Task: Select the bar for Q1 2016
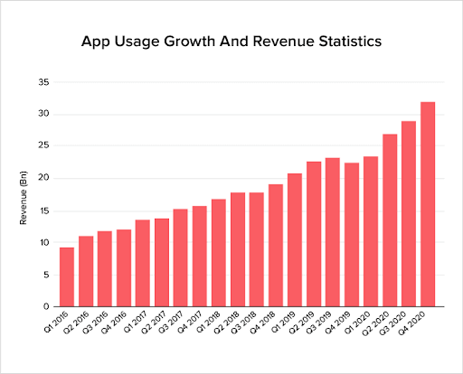point(67,276)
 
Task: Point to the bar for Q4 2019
point(352,235)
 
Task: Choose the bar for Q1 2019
point(295,239)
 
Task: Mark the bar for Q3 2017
point(181,257)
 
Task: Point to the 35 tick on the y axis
point(43,82)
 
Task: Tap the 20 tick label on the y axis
point(43,178)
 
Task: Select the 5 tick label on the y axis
point(45,275)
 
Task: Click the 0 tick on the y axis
point(45,307)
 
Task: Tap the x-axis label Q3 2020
point(403,322)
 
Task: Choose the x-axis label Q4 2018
point(270,322)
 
